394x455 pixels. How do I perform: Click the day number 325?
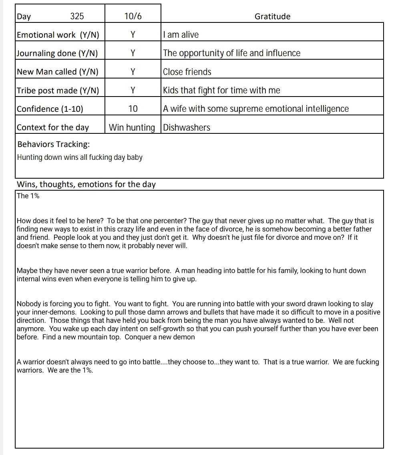coord(77,16)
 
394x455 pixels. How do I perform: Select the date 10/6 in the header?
coord(133,16)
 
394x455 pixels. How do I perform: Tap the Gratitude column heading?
coord(272,16)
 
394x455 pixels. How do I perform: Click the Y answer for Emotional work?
coord(133,35)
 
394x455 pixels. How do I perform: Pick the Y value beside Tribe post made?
coord(133,91)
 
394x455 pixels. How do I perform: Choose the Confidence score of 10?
coord(133,109)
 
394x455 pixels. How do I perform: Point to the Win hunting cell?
coord(132,128)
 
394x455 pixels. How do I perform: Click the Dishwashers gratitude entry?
coord(187,128)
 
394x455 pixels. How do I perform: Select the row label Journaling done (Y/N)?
coord(57,53)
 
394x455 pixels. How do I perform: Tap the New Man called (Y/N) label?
coord(58,72)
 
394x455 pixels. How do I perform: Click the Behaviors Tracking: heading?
coord(54,144)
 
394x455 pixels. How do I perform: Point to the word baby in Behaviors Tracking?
coord(135,157)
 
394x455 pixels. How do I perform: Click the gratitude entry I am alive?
coord(181,35)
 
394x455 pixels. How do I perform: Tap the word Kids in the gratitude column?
coord(171,91)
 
